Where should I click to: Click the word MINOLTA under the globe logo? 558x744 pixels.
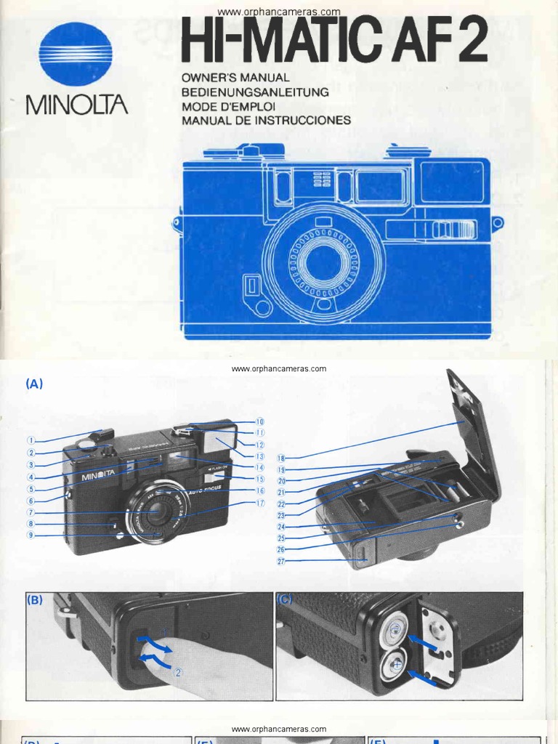tap(77, 105)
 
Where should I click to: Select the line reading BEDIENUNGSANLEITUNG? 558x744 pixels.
tap(255, 92)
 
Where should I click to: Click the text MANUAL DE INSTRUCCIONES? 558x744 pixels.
tap(266, 121)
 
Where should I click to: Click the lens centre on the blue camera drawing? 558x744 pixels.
tap(323, 262)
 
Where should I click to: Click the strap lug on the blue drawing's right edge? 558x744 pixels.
tap(498, 223)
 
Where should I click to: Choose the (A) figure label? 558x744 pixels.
tap(34, 384)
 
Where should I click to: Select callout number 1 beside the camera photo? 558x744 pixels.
tap(31, 440)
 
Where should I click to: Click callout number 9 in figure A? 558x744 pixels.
tap(31, 535)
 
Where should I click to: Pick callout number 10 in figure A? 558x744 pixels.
tap(260, 421)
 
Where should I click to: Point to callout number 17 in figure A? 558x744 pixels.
tap(260, 503)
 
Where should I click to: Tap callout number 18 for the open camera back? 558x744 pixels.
tap(281, 458)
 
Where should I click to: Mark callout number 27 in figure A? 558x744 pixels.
tap(281, 561)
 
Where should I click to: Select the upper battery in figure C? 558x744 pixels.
tap(395, 627)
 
